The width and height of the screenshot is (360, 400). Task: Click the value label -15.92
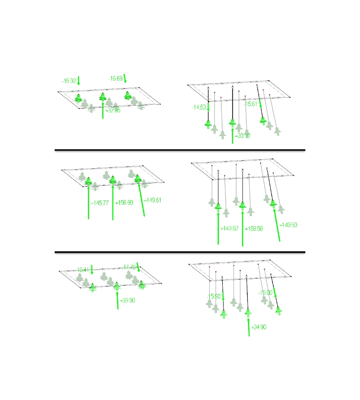tap(69, 81)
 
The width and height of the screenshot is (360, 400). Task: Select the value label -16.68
tap(116, 78)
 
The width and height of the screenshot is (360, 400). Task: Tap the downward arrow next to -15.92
tap(79, 80)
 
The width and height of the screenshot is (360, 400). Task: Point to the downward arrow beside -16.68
tap(126, 78)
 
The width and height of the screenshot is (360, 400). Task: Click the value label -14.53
tap(199, 108)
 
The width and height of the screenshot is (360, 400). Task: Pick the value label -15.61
tap(251, 104)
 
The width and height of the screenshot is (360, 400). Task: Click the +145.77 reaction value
tap(100, 203)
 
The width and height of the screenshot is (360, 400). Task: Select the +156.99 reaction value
tap(124, 202)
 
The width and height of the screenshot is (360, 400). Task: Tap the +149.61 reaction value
tap(153, 200)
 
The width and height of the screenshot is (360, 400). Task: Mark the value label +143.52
tap(230, 228)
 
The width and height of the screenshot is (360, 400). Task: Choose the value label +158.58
tap(254, 228)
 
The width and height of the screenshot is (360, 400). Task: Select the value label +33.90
tap(127, 300)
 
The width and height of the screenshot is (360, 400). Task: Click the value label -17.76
tap(129, 267)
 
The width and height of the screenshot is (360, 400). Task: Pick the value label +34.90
tap(259, 327)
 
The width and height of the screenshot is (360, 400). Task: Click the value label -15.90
tap(214, 296)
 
